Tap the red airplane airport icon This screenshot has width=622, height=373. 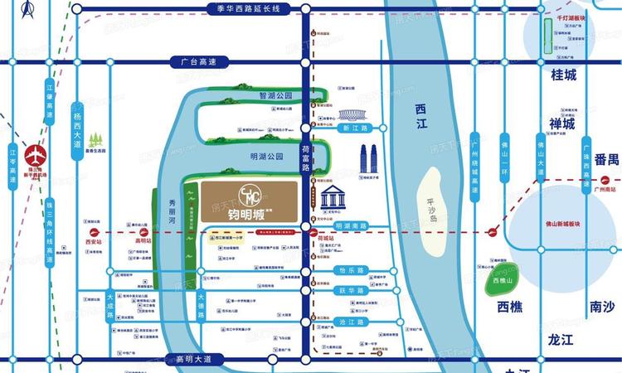pos(35,155)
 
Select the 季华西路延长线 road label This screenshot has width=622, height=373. pos(245,8)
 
